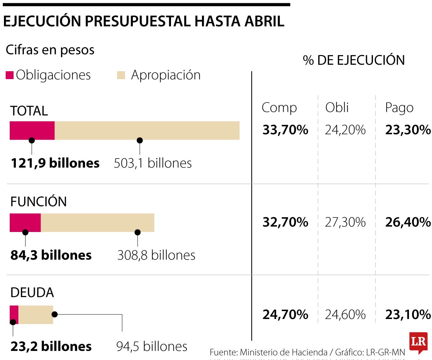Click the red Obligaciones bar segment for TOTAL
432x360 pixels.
pos(32,130)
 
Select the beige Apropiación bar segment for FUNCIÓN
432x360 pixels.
pos(97,223)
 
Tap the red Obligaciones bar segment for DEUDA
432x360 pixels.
pos(14,315)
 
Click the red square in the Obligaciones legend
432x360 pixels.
pos(10,75)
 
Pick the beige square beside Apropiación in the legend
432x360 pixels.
pos(121,75)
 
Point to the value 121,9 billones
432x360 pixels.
pos(55,163)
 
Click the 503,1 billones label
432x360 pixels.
pos(153,163)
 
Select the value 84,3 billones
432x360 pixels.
pos(51,255)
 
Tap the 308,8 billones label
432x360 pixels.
pos(156,255)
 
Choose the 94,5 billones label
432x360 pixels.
pos(152,346)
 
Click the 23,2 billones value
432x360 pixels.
pos(51,346)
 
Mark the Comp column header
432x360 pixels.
pos(279,108)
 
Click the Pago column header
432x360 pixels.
pos(399,108)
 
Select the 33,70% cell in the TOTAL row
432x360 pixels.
pos(285,130)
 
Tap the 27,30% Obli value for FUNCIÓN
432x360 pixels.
pos(345,222)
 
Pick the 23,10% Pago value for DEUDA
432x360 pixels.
pos(408,315)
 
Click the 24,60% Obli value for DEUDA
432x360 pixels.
pos(345,315)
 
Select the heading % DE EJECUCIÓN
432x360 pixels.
pos(354,60)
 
